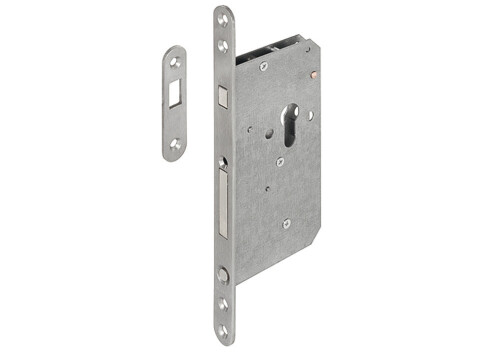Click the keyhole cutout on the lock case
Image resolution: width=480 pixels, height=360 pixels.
point(289,121)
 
